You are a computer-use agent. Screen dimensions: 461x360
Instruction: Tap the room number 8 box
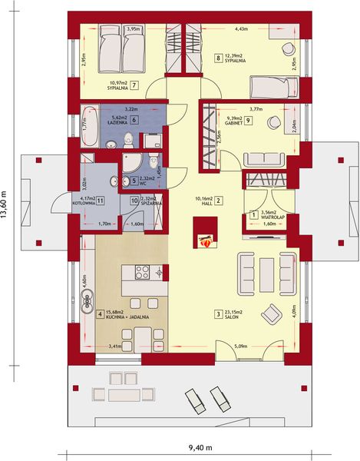click(x=219, y=58)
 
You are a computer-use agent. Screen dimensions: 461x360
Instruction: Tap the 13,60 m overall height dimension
click(x=7, y=204)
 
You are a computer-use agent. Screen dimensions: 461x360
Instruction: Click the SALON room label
click(x=233, y=317)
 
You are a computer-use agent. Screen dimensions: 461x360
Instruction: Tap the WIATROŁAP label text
click(x=274, y=218)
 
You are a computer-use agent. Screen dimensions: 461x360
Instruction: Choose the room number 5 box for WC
click(x=134, y=182)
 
